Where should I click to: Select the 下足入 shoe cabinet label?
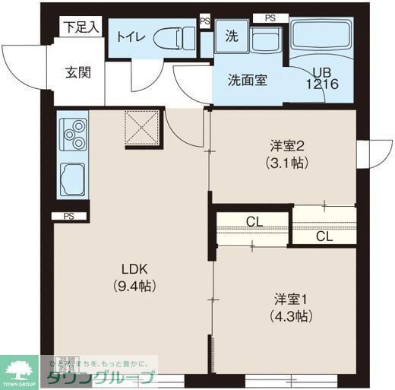point(81,27)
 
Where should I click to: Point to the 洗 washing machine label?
point(231,34)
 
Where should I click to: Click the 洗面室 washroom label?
point(247,80)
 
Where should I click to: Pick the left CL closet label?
point(254,222)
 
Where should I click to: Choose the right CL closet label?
point(324,236)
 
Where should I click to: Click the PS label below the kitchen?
point(69,216)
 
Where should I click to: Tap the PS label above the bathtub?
point(270,17)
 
